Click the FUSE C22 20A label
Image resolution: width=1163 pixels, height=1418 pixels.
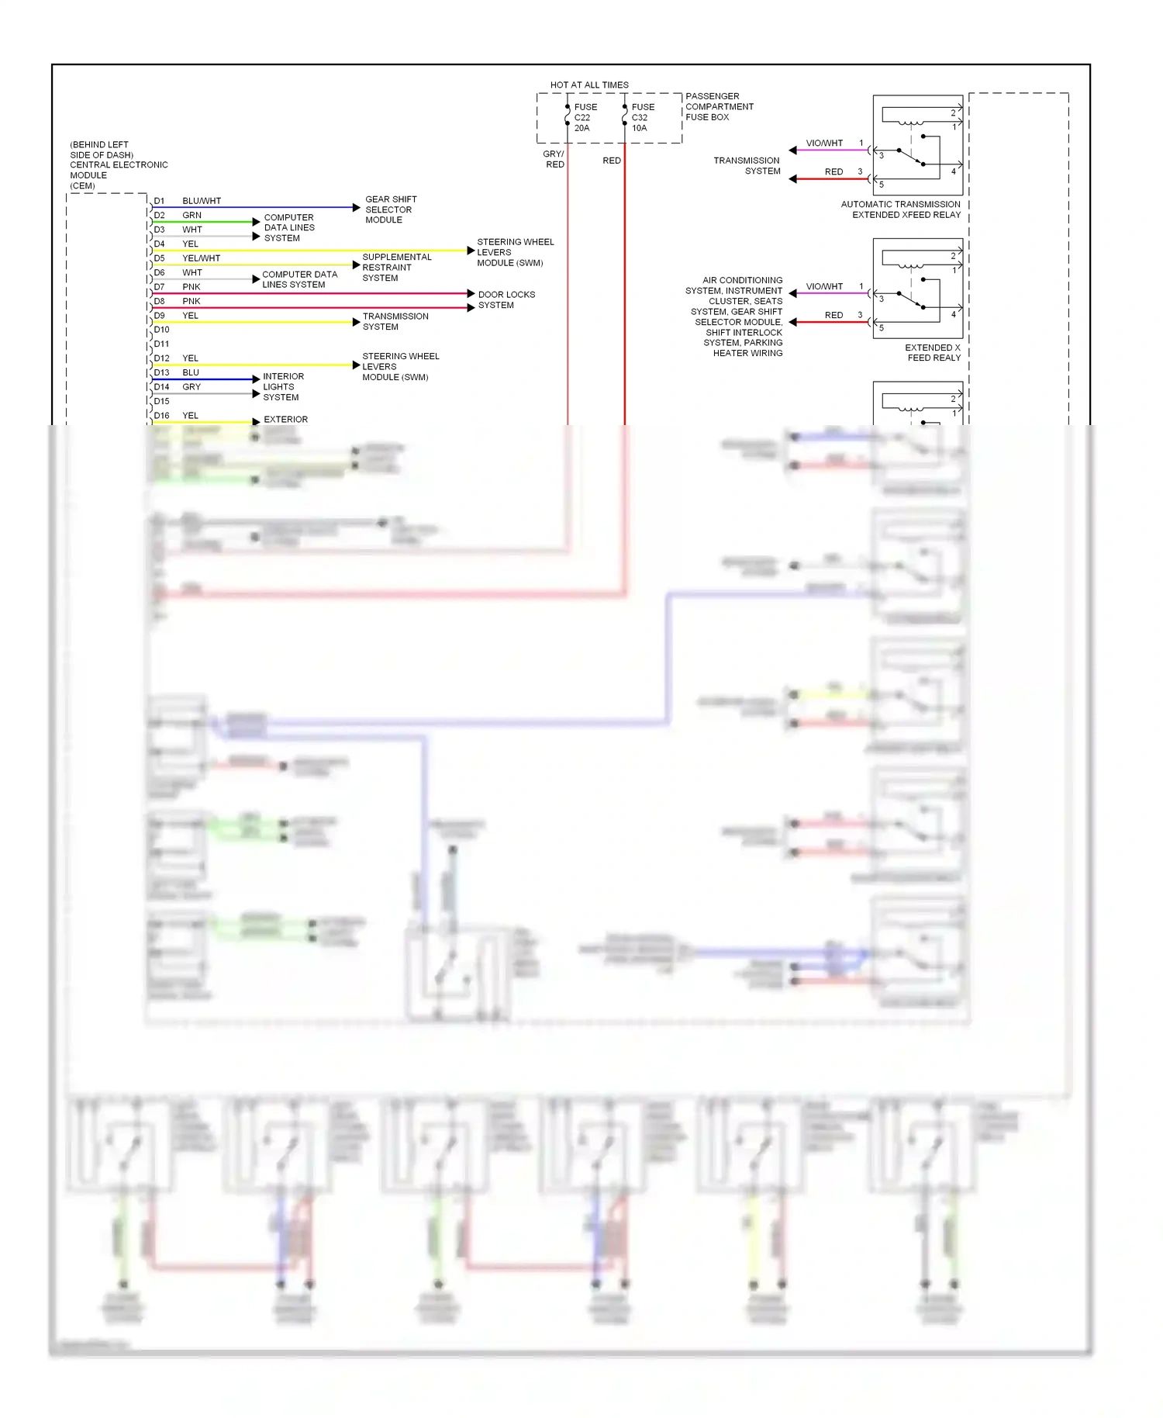click(585, 118)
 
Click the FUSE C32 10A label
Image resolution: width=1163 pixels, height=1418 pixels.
click(642, 118)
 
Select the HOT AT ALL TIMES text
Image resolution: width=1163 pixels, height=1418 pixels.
click(589, 85)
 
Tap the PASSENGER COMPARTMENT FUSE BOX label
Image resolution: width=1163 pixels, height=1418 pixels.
click(719, 107)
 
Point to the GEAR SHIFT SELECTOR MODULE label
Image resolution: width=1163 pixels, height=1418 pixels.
click(390, 209)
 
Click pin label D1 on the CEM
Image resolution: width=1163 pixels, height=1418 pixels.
click(159, 201)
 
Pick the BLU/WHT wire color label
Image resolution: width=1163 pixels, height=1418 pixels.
click(202, 201)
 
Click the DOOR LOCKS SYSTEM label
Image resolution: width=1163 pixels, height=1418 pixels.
click(506, 299)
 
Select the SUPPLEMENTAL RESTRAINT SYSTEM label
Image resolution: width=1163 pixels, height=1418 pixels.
click(396, 268)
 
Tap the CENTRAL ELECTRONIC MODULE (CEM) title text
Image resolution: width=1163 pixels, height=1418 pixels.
click(118, 165)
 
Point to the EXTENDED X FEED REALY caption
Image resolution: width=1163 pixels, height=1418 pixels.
click(933, 353)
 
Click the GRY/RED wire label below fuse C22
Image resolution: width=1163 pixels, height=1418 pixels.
click(554, 159)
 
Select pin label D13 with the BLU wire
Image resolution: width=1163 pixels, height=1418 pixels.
click(161, 372)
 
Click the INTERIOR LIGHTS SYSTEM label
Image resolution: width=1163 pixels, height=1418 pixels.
click(283, 386)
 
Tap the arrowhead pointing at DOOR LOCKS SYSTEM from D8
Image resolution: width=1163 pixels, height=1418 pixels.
click(471, 308)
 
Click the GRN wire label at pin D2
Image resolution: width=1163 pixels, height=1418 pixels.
click(192, 216)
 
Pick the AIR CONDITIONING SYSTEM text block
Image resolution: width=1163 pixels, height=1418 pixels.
click(736, 316)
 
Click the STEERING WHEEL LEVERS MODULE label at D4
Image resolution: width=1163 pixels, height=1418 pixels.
click(515, 252)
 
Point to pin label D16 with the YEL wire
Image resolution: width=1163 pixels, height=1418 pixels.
click(161, 416)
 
